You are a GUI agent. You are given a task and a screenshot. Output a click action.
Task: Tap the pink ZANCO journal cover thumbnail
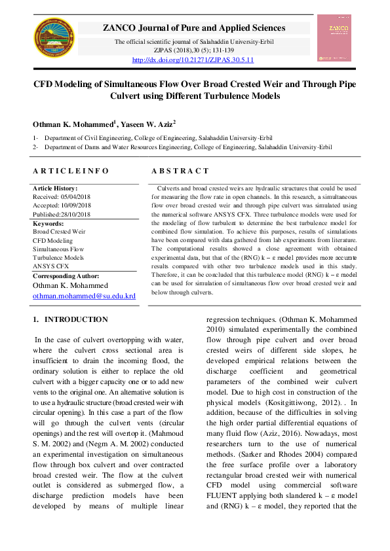pyautogui.click(x=335, y=37)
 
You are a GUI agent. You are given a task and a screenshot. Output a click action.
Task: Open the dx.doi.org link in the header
pyautogui.click(x=193, y=60)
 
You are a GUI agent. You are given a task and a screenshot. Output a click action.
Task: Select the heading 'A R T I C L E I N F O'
pyautogui.click(x=71, y=171)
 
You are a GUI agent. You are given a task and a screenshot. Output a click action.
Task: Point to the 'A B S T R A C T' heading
pyautogui.click(x=180, y=171)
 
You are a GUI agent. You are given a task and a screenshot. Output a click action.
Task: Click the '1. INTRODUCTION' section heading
pyautogui.click(x=70, y=319)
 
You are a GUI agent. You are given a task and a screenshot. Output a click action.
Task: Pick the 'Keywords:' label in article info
pyautogui.click(x=49, y=223)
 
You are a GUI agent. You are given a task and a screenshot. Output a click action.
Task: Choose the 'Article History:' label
pyautogui.click(x=56, y=188)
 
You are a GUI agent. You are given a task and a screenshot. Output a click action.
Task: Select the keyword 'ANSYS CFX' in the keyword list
pyautogui.click(x=50, y=267)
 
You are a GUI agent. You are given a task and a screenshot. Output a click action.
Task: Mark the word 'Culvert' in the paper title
pyautogui.click(x=126, y=96)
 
